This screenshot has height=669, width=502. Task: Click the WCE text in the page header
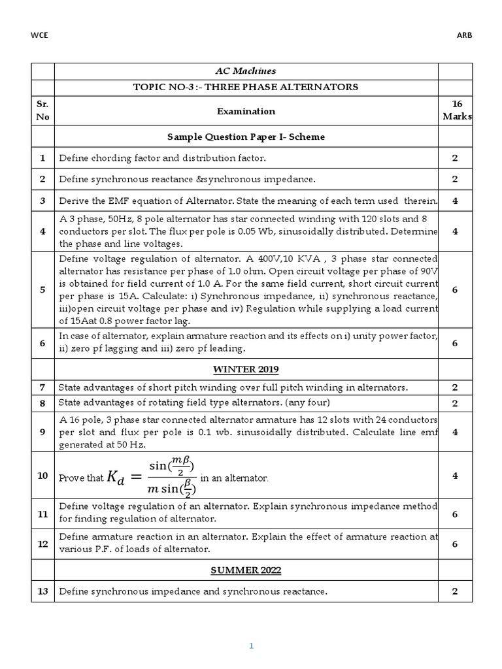[39, 35]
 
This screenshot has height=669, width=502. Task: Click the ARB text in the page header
[463, 35]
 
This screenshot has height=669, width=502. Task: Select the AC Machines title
[246, 71]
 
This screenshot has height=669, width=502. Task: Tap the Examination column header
[246, 111]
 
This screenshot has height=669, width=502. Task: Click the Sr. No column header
[42, 110]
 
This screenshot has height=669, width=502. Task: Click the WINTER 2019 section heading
[246, 370]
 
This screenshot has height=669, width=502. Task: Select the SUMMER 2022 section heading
[246, 570]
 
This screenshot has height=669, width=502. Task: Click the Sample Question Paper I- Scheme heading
[246, 137]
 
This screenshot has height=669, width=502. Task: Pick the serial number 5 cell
[42, 289]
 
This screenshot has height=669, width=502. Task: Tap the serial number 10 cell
[42, 475]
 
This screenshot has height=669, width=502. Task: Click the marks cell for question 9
[455, 432]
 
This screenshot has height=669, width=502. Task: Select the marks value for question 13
[455, 591]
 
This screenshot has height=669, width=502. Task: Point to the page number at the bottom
[251, 646]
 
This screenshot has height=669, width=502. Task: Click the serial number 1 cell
[42, 158]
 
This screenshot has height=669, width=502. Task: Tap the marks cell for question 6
[455, 343]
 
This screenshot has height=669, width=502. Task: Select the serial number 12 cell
[42, 544]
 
